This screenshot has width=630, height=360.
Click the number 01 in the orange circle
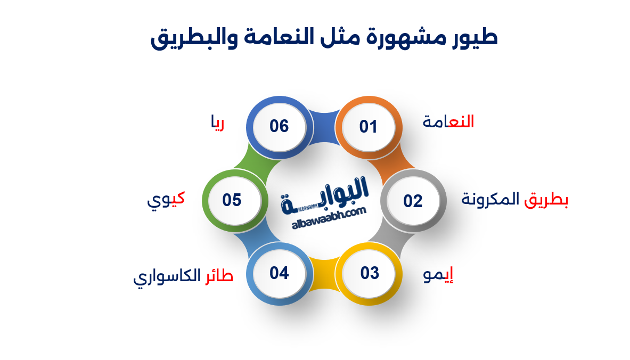point(368,127)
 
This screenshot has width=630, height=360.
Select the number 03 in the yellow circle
point(369,273)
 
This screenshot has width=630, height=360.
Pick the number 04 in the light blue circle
point(279,273)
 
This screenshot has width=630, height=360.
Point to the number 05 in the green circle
point(232,200)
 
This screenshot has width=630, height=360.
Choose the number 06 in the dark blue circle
point(279,126)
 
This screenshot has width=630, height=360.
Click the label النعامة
point(448,122)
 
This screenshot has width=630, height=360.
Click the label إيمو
point(438,275)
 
